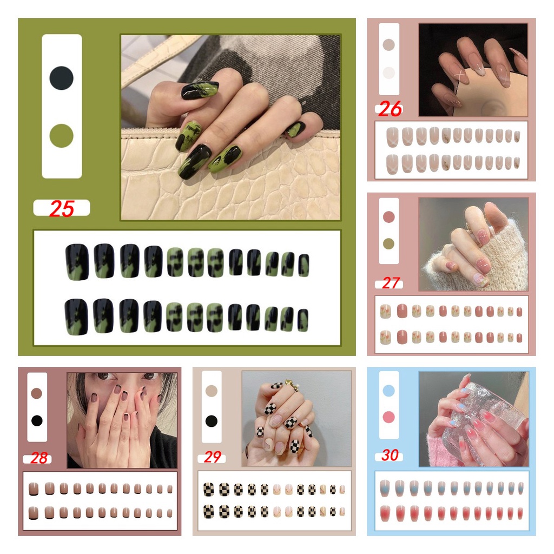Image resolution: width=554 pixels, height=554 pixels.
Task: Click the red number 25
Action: tap(62, 208)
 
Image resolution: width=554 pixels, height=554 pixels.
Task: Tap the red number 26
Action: tap(390, 109)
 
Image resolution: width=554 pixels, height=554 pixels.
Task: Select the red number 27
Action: tap(391, 283)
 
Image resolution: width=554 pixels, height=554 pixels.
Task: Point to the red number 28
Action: tap(39, 458)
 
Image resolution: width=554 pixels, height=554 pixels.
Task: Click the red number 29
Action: tap(212, 457)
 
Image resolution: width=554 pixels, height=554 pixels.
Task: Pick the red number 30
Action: tap(390, 455)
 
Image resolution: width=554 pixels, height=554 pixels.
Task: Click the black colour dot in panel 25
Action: tap(62, 78)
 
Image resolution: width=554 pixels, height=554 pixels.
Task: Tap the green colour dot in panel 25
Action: tap(62, 136)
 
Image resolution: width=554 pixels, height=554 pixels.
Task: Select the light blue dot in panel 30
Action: tap(388, 391)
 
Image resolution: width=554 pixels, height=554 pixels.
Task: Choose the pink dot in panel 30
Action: tap(388, 417)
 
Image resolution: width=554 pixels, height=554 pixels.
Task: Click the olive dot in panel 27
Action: tap(388, 243)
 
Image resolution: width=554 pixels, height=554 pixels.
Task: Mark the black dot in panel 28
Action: tap(37, 420)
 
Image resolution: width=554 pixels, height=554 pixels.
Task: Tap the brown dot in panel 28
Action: tap(37, 393)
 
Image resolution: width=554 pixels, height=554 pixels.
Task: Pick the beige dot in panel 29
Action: tap(212, 391)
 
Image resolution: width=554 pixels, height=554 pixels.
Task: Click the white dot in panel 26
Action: tap(388, 72)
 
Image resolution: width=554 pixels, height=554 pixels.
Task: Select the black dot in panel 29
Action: tap(212, 421)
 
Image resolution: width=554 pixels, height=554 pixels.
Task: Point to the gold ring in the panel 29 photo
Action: tap(294, 385)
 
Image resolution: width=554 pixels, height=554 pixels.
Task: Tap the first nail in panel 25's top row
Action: tap(77, 262)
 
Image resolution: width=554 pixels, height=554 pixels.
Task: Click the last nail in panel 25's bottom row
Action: tap(303, 320)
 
